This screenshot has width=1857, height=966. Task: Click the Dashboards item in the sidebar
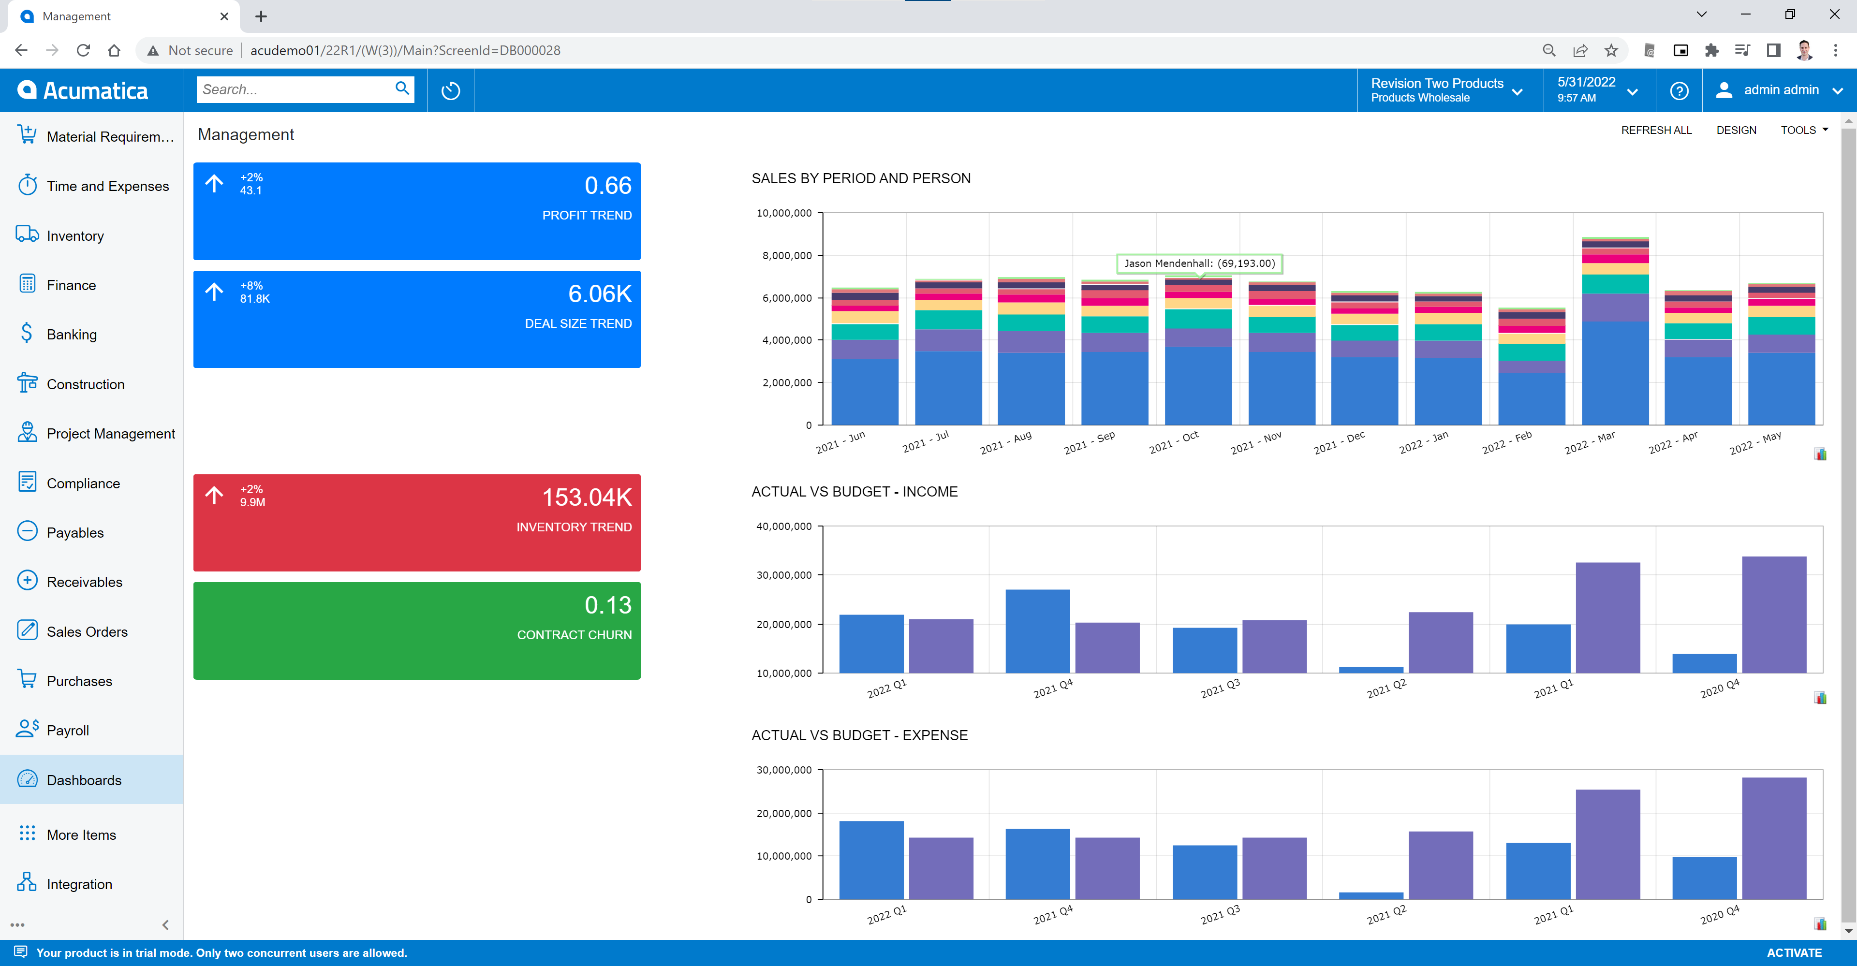coord(84,780)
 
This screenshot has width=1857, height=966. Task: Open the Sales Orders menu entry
coord(87,631)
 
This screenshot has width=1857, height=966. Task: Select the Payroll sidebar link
coord(68,730)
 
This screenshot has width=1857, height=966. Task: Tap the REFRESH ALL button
coord(1656,130)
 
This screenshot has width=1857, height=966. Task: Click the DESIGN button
coord(1736,130)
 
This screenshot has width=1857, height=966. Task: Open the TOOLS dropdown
coord(1804,130)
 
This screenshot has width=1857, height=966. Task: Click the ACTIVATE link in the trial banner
coord(1794,952)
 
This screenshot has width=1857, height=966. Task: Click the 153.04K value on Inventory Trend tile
coord(587,498)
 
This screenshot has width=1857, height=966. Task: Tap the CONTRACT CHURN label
coord(574,634)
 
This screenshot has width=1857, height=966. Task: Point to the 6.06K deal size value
coord(600,293)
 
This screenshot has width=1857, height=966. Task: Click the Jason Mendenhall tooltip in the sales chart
coord(1199,263)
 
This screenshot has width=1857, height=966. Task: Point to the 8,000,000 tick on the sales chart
coord(786,255)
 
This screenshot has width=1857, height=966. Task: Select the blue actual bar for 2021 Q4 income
coord(1037,631)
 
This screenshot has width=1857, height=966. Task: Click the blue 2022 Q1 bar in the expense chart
coord(871,860)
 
